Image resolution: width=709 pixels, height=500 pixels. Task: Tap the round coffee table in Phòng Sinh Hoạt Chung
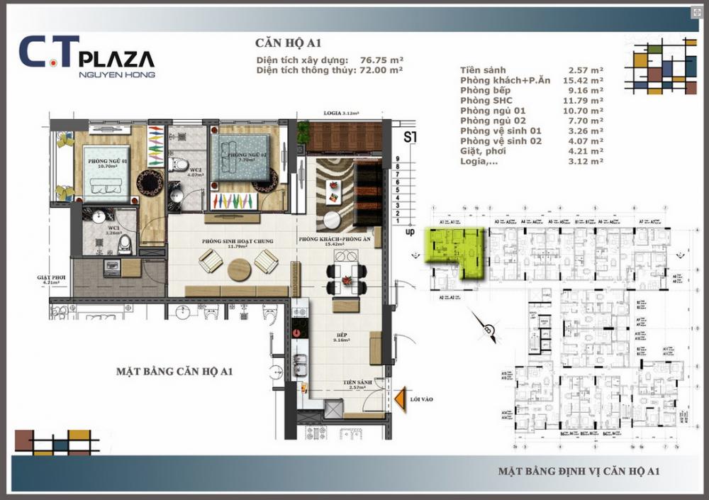(239, 268)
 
